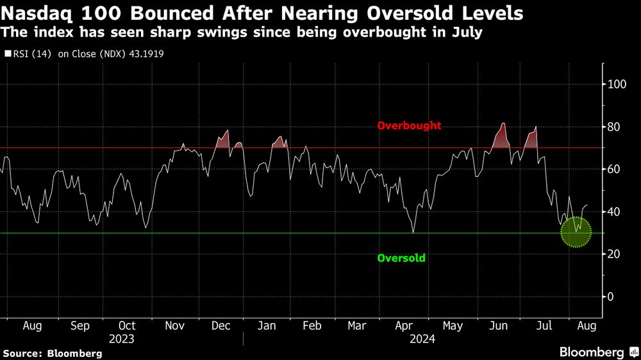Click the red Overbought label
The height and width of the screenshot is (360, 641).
pyautogui.click(x=409, y=126)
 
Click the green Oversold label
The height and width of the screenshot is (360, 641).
pyautogui.click(x=401, y=258)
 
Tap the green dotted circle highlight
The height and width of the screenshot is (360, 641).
pyautogui.click(x=576, y=232)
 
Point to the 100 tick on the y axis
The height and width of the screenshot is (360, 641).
pyautogui.click(x=616, y=84)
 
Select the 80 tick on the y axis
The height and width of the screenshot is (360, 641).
pyautogui.click(x=613, y=127)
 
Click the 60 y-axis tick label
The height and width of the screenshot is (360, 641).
pyautogui.click(x=613, y=169)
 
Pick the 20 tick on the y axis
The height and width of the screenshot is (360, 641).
pyautogui.click(x=613, y=254)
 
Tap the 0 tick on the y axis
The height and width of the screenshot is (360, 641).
pyautogui.click(x=611, y=297)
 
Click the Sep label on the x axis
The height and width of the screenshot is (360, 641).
pyautogui.click(x=80, y=326)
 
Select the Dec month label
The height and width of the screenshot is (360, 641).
pyautogui.click(x=221, y=326)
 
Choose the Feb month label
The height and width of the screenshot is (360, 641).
pyautogui.click(x=312, y=326)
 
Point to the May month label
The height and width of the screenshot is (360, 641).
pyautogui.click(x=453, y=326)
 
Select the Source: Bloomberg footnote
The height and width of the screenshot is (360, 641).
pyautogui.click(x=53, y=353)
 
